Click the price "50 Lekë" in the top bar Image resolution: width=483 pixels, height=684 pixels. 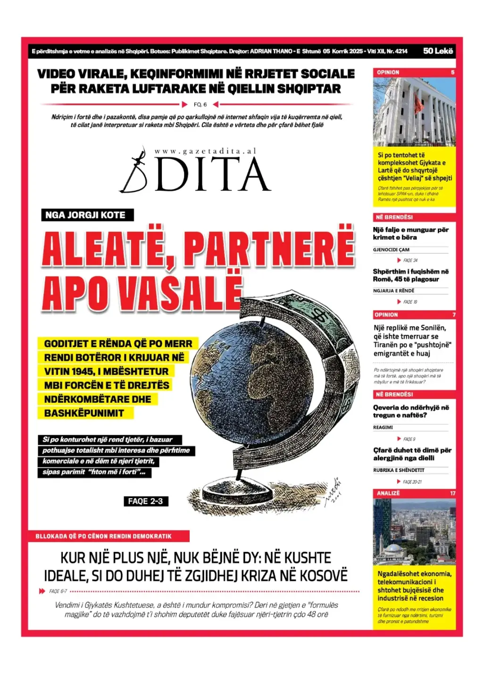pos(438,51)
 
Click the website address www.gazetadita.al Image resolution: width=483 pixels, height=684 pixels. pos(205,151)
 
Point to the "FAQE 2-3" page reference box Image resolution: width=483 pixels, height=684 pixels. pos(145,501)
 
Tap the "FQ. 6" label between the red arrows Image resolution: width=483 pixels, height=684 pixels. pos(200,104)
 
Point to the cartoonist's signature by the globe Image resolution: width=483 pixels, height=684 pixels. pos(333,491)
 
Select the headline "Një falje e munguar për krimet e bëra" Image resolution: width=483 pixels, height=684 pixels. pos(410,234)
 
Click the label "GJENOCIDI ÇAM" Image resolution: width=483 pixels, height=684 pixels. pos(391,250)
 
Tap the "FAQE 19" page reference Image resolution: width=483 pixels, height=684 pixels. pos(410,302)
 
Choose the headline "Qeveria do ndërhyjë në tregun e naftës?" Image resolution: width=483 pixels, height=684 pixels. pos(411,411)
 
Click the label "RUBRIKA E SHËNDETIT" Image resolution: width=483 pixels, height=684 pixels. pos(399,470)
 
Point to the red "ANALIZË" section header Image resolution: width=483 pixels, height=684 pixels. pos(388,493)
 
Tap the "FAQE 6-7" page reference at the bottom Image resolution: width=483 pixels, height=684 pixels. pos(58,591)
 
